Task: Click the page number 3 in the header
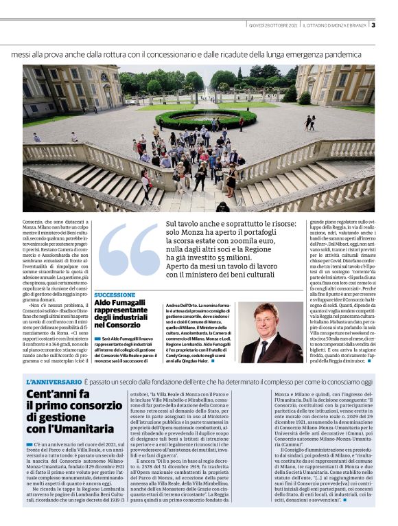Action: pos(373,26)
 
